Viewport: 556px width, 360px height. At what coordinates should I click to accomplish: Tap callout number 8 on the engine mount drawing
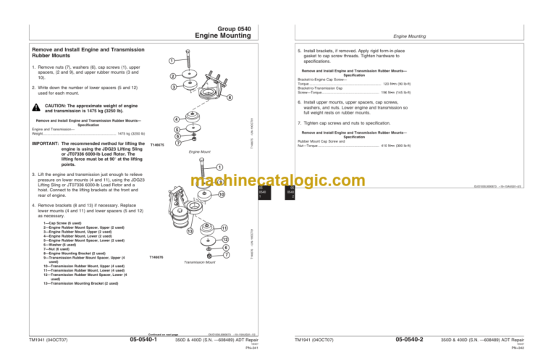coord(229,98)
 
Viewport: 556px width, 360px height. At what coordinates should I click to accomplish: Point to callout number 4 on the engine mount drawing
coord(177,118)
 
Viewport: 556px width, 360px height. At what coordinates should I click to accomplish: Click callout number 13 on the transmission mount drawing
coord(190,232)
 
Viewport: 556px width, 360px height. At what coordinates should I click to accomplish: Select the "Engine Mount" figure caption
coord(199,152)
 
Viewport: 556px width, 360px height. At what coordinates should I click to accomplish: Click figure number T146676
coord(156,256)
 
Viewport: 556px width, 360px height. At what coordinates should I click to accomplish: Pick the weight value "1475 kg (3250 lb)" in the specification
coord(131,133)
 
